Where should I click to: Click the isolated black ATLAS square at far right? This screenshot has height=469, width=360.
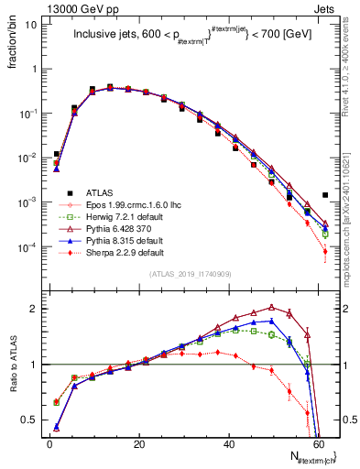(x=325, y=195)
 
